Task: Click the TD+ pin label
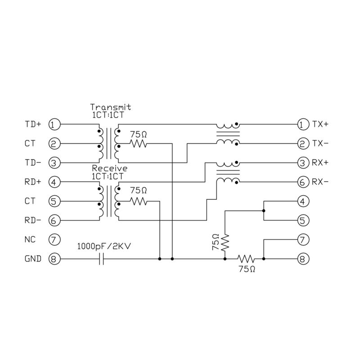pyautogui.click(x=33, y=124)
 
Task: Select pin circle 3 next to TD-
pyautogui.click(x=54, y=162)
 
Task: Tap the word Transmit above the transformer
pyautogui.click(x=110, y=108)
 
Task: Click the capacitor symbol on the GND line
pyautogui.click(x=101, y=259)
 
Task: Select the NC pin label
pyautogui.click(x=30, y=240)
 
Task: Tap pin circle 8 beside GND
pyautogui.click(x=54, y=259)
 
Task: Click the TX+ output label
pyautogui.click(x=320, y=124)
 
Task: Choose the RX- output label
pyautogui.click(x=320, y=182)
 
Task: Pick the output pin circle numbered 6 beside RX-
pyautogui.click(x=302, y=182)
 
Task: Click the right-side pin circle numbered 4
pyautogui.click(x=302, y=201)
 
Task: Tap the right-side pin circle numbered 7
pyautogui.click(x=302, y=240)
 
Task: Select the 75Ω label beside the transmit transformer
pyautogui.click(x=138, y=134)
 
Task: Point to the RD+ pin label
pyautogui.click(x=33, y=182)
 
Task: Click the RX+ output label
pyautogui.click(x=320, y=162)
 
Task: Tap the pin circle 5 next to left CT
pyautogui.click(x=54, y=201)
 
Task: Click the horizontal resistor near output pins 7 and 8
pyautogui.click(x=246, y=259)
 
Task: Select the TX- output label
pyautogui.click(x=320, y=144)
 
